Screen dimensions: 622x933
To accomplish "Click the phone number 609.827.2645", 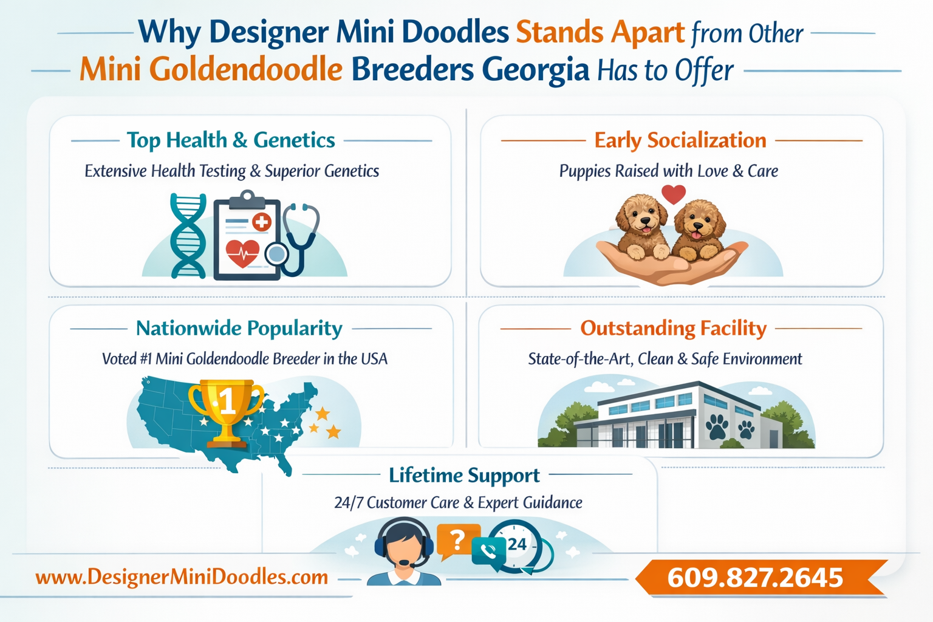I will coord(755,578).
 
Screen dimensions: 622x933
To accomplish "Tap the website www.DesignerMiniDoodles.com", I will coord(182,576).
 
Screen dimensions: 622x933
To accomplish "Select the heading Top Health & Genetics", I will coord(231,140).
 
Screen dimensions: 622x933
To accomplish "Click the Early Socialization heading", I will coord(680,140).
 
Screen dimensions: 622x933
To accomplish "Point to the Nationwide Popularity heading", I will coord(239,328).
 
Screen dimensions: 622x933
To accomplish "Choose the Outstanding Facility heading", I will coord(673,328).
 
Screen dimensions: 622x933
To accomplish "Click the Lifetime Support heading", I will coord(464,475).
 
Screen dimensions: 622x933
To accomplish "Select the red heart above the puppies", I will coord(673,194).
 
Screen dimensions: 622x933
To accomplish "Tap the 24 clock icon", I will coord(517,544).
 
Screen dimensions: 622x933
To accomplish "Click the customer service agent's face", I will coord(404,547).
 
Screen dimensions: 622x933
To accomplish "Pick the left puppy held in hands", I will coord(641,228).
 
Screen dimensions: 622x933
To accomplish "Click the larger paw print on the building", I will coord(717,426).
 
